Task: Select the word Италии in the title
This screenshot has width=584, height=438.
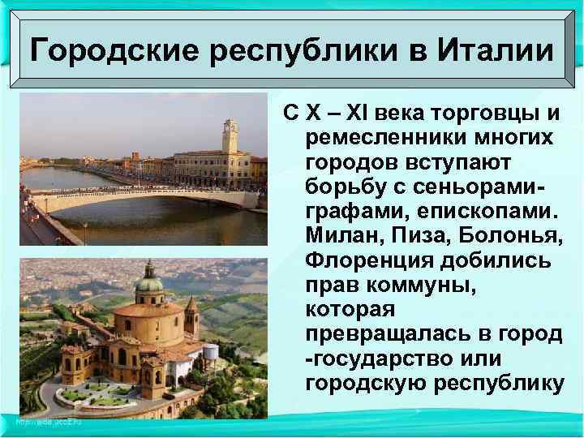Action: pos(496,53)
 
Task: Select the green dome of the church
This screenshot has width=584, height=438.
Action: pos(148,280)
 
